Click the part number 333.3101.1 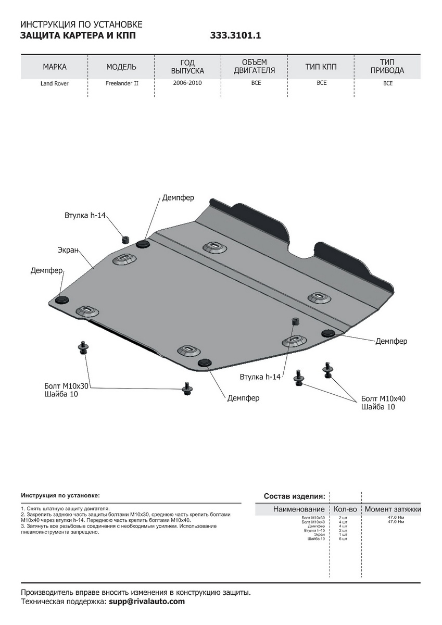235,36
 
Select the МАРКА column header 55,67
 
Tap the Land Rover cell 55,83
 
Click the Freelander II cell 121,83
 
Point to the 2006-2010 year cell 187,83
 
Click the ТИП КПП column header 321,67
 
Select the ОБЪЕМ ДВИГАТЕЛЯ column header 254,67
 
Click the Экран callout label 68,251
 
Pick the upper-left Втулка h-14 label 85,215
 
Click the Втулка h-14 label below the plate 260,377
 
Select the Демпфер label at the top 178,198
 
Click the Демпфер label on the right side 391,341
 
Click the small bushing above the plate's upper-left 125,239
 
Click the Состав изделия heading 295,496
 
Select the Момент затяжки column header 393,509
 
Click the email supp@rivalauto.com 146,602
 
